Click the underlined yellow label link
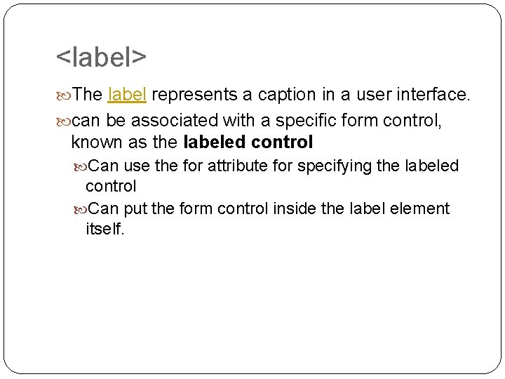tap(126, 95)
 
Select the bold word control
tap(276, 142)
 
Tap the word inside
tap(287, 208)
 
